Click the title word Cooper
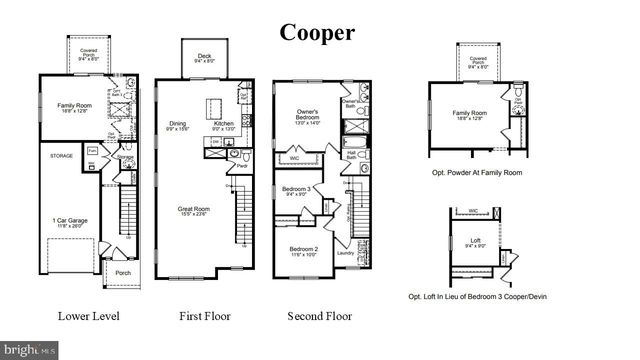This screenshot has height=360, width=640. [317, 32]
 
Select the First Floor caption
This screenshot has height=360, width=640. [205, 316]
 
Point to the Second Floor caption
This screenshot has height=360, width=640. [320, 316]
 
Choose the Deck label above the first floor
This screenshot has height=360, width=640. [205, 58]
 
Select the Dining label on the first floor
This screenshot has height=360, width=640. [173, 125]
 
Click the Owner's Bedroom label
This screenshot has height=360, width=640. [306, 117]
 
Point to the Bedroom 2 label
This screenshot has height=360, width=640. [303, 250]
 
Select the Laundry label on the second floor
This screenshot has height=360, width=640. [347, 253]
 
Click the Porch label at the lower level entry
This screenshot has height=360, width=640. [123, 272]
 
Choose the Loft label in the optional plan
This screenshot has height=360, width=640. [475, 243]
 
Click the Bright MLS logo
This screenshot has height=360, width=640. [30, 350]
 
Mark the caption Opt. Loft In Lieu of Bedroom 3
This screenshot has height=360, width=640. [478, 297]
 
